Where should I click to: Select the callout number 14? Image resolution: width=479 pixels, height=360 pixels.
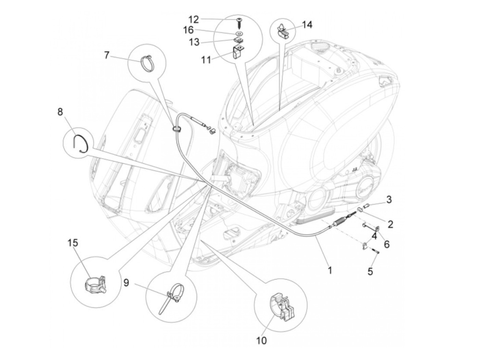307,25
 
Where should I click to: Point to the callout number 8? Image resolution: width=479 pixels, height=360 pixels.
60,112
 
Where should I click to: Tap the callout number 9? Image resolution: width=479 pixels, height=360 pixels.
126,283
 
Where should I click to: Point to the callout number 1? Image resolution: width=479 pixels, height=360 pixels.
330,270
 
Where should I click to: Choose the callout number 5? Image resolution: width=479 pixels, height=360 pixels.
370,271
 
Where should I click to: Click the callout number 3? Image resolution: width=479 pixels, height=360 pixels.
389,199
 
